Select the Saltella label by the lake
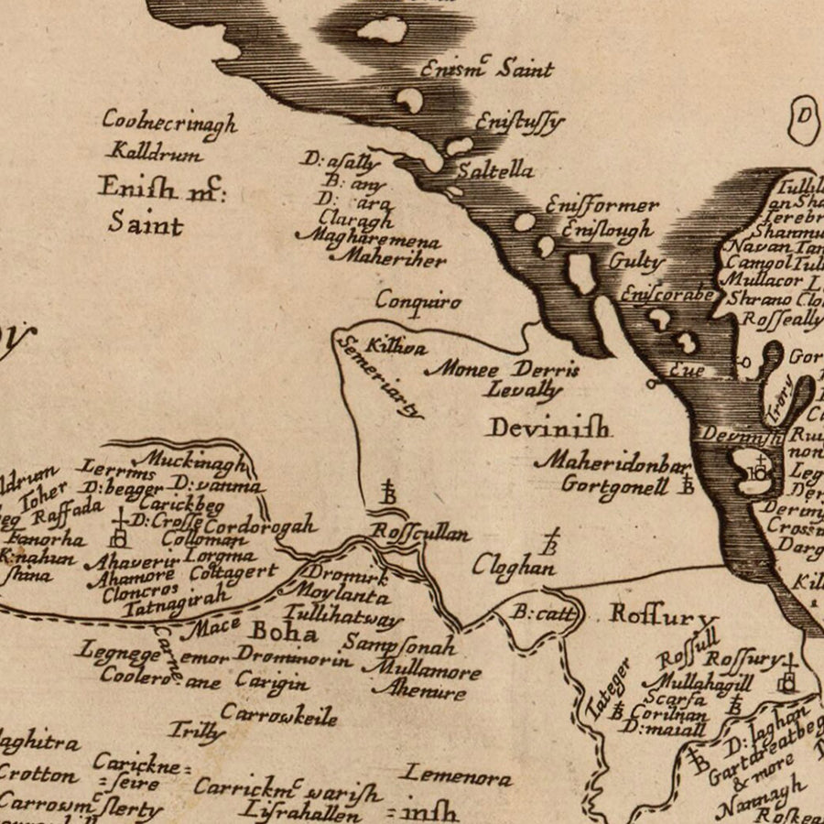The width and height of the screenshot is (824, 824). pos(495,170)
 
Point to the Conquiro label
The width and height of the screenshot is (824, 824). pos(418,299)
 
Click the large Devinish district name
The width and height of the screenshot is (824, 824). pos(548,427)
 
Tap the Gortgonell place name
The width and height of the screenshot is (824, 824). pos(614,485)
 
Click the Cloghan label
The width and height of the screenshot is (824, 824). pos(514,567)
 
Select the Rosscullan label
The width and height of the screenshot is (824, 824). pos(420,533)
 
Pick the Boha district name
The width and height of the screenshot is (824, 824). pos(284,633)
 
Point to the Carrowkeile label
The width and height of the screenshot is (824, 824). pos(279,714)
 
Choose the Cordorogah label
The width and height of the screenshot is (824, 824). pos(260,526)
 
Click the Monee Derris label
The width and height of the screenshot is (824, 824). pos(504,370)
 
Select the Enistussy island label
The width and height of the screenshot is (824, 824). pos(518,122)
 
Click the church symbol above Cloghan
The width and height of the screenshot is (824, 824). pos(551,541)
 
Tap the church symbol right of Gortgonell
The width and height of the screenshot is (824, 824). pos(685,482)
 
